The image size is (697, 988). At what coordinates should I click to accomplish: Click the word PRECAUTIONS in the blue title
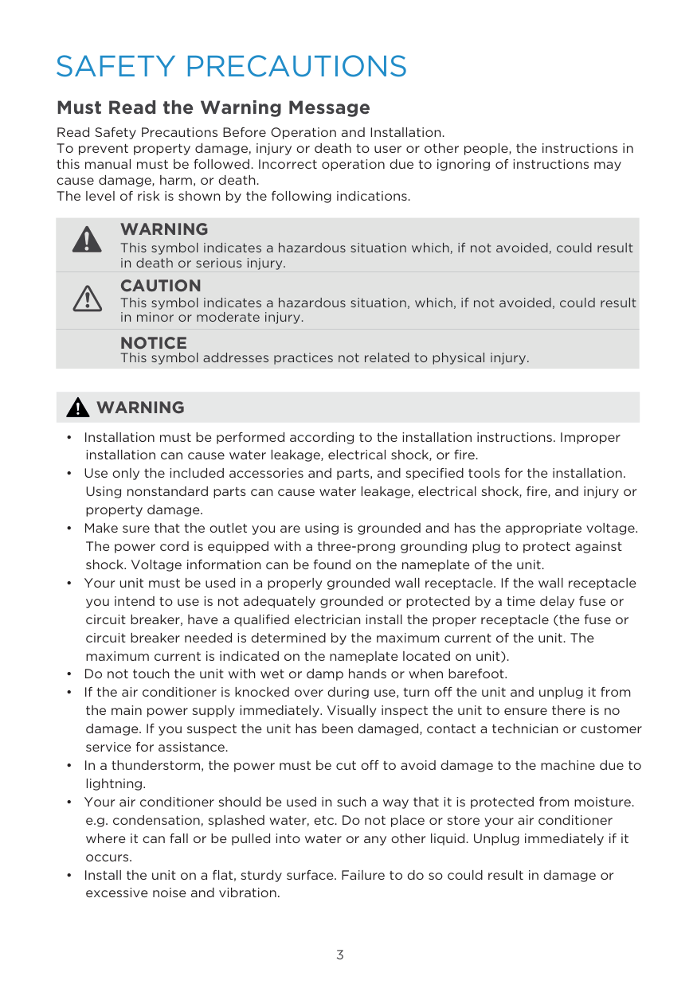click(296, 66)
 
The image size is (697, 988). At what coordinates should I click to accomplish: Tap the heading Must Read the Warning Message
click(213, 107)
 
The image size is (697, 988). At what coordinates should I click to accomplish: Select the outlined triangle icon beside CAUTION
click(87, 299)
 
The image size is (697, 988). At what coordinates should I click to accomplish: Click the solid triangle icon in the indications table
click(87, 239)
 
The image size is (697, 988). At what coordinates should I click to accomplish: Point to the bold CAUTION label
click(160, 286)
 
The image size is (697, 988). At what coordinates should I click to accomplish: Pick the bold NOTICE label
click(153, 343)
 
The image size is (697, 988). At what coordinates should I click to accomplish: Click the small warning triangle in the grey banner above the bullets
click(77, 408)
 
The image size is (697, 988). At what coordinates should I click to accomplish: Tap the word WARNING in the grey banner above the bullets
click(140, 408)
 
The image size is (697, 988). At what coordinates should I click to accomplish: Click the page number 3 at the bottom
click(340, 955)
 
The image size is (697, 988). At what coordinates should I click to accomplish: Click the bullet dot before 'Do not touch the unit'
click(70, 674)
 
